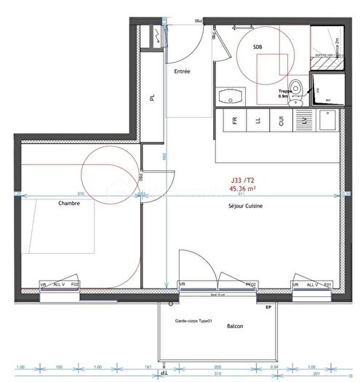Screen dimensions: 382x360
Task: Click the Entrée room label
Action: point(182,71)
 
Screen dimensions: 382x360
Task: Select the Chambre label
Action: point(69,204)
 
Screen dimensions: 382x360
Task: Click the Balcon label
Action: point(235,326)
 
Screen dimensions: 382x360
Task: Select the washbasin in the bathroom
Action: point(232,96)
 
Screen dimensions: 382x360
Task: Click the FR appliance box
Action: point(235,121)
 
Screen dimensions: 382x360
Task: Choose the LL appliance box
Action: point(257,121)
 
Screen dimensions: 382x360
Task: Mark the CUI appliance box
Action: point(281,121)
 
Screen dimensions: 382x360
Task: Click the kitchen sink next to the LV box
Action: point(327,122)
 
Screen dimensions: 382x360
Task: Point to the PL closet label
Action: point(153,98)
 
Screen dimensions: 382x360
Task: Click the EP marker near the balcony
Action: point(268,309)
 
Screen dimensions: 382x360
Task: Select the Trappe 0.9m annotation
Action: point(284,92)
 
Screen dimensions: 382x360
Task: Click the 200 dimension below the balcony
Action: point(217,366)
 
